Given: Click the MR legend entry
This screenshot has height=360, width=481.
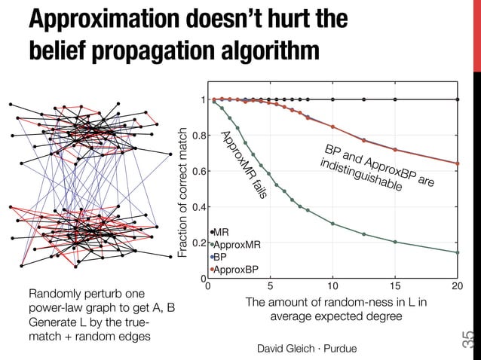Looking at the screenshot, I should point(222,232).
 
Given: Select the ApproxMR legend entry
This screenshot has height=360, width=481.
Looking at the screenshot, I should point(236,244).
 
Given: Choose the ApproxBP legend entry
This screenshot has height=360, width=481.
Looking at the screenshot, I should point(234,269).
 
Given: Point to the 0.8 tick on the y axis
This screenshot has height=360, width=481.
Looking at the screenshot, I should point(198,136).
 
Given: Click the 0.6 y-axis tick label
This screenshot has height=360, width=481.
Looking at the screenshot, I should point(198,171).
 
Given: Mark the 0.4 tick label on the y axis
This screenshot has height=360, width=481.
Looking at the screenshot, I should point(198,207).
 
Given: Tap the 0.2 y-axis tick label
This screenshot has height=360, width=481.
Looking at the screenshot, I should point(198,243).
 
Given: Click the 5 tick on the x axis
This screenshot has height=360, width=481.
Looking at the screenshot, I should point(270,287).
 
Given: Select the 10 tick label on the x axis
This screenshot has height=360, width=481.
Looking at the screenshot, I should point(332,287).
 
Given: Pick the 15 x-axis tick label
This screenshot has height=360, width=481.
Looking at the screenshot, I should point(395,287).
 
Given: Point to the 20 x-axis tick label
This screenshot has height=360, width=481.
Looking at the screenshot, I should point(457,287).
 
